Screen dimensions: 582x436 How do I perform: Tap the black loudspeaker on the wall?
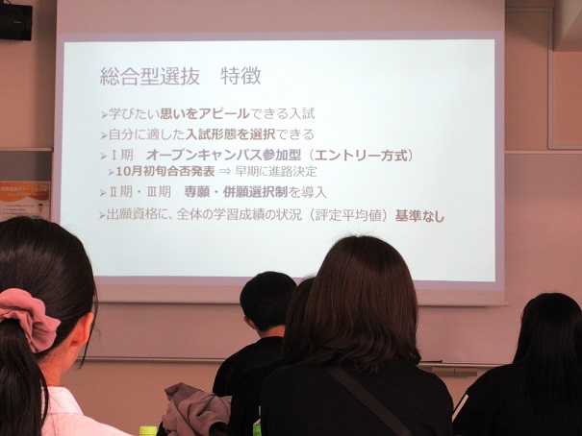tap(15, 21)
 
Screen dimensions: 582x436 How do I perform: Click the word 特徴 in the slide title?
tap(240, 76)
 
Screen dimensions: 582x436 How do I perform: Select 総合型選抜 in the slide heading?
tap(150, 76)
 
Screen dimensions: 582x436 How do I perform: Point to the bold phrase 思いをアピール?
tap(205, 113)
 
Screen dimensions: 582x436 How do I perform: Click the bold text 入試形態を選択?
tap(231, 134)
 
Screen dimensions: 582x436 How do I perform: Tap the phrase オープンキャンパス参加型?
tap(223, 155)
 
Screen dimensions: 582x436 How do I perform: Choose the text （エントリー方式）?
tap(359, 155)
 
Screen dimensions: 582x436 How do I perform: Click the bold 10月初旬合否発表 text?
tap(165, 172)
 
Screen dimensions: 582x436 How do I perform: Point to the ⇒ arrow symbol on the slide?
tap(224, 172)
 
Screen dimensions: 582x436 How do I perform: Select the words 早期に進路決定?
tap(275, 172)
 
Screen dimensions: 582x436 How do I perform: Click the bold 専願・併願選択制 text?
tap(236, 192)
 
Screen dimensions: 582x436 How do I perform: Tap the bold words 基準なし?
tap(419, 215)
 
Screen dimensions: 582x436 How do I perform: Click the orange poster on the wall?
tap(24, 201)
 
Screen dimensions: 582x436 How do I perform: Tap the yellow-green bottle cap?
tap(148, 431)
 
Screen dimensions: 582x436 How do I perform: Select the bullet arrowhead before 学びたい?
tap(104, 115)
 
